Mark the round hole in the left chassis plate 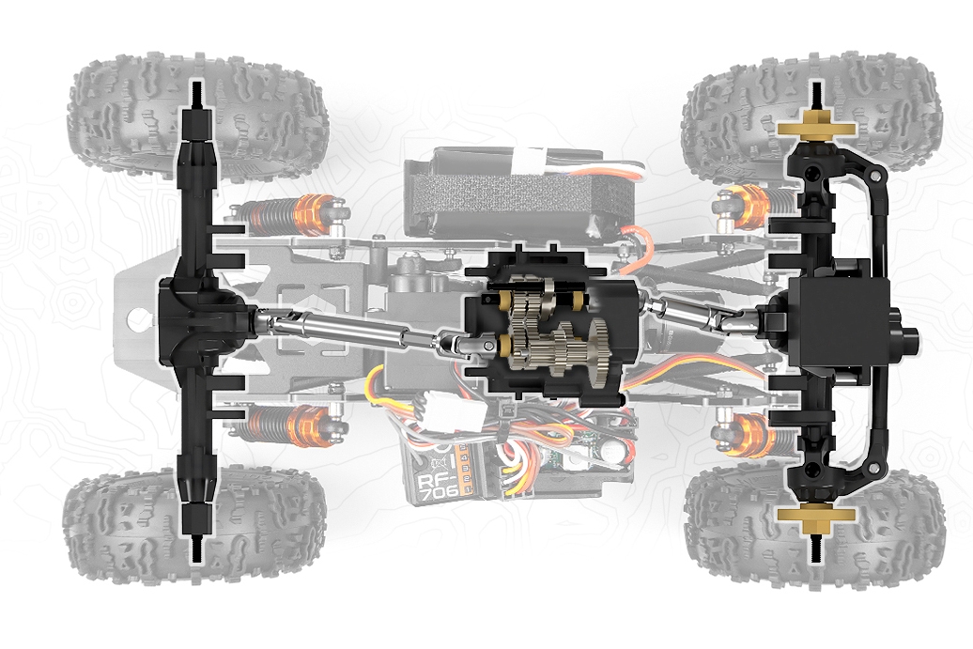[140, 320]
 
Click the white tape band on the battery [539, 160]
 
